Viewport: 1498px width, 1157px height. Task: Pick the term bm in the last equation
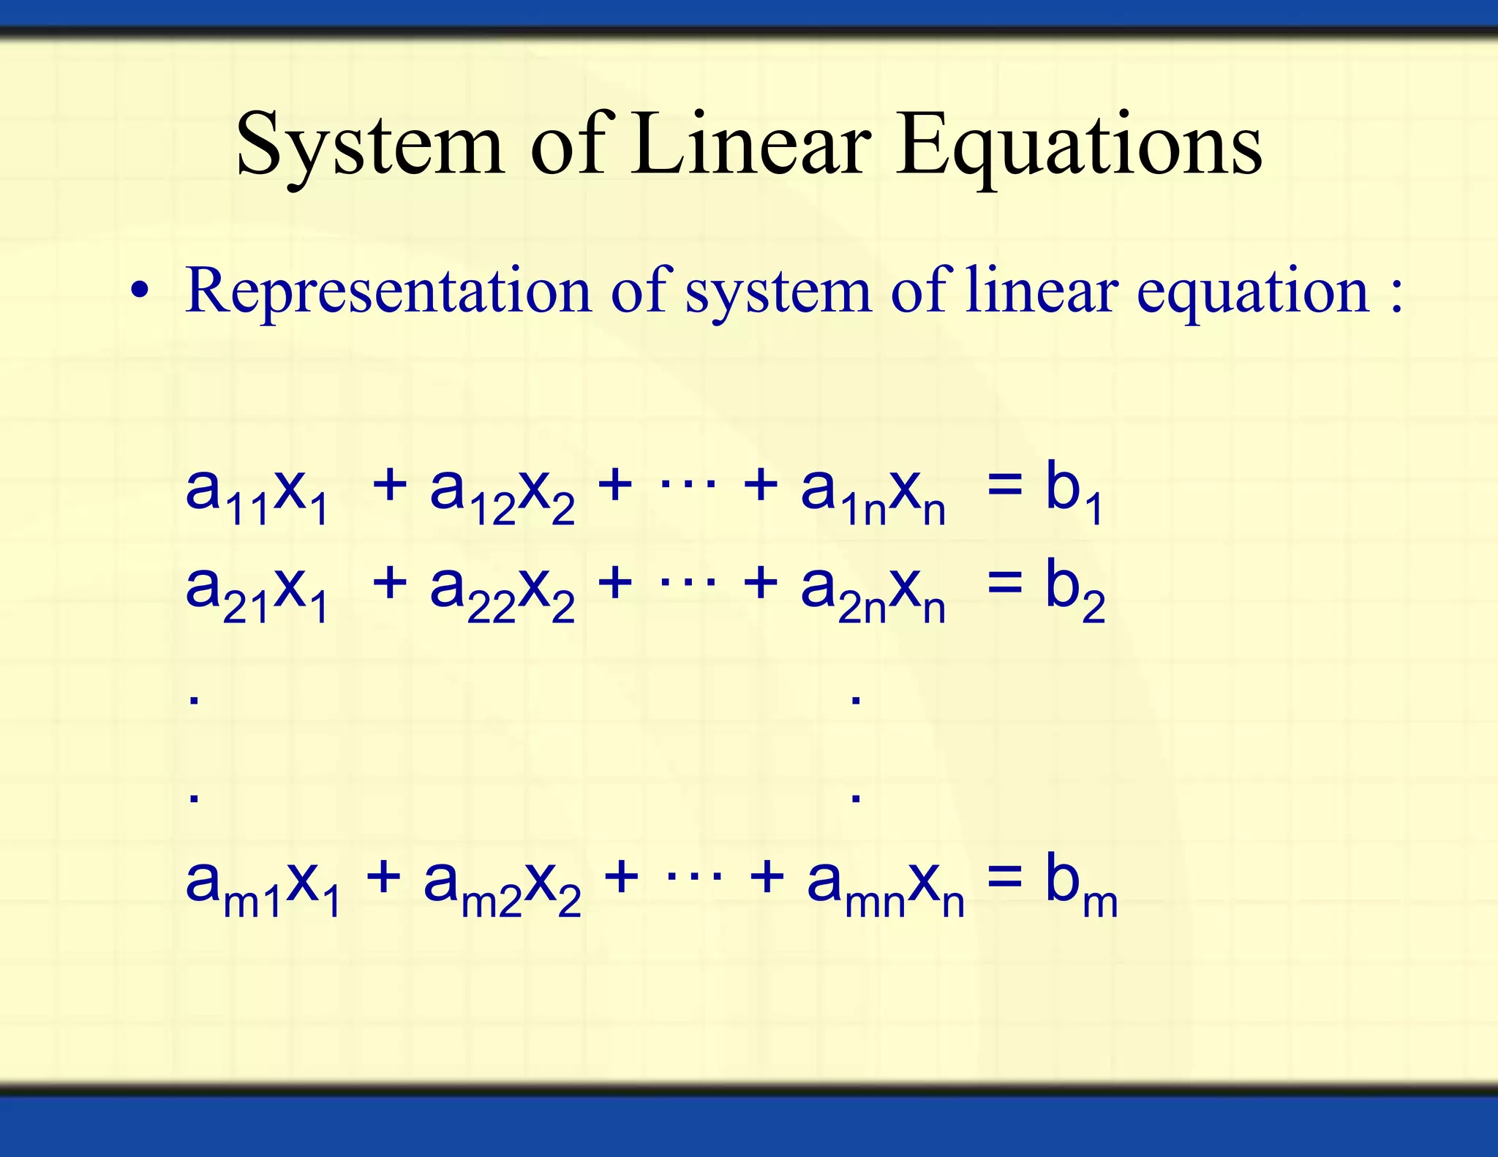click(1081, 884)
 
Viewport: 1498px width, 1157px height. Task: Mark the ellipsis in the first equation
click(688, 483)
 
